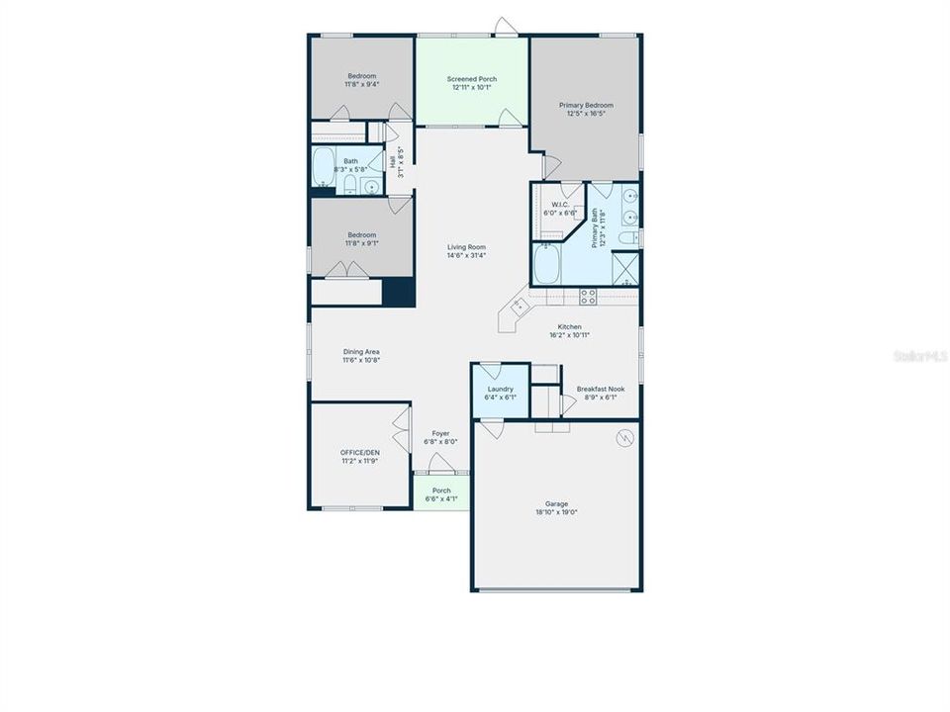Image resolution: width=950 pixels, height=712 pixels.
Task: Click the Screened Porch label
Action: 472,79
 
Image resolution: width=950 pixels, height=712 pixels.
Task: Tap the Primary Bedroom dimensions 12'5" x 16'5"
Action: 586,114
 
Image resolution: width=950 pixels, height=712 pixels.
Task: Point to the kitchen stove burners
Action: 587,294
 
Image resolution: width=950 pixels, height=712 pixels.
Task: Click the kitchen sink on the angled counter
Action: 517,309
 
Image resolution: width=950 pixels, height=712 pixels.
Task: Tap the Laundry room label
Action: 500,389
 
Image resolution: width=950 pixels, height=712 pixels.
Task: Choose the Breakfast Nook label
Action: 601,389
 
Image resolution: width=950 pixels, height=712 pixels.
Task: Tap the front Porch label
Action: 441,490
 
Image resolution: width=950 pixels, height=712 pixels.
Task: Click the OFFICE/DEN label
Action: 359,452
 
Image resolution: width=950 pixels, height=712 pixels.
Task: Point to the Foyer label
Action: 440,433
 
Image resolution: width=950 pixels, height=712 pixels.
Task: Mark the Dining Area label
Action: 361,352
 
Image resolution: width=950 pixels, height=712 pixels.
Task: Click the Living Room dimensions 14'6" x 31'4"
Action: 466,256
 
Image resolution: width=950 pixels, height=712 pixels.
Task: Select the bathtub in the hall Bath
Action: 325,168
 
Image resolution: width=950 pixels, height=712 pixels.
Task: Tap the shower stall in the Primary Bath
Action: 625,268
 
